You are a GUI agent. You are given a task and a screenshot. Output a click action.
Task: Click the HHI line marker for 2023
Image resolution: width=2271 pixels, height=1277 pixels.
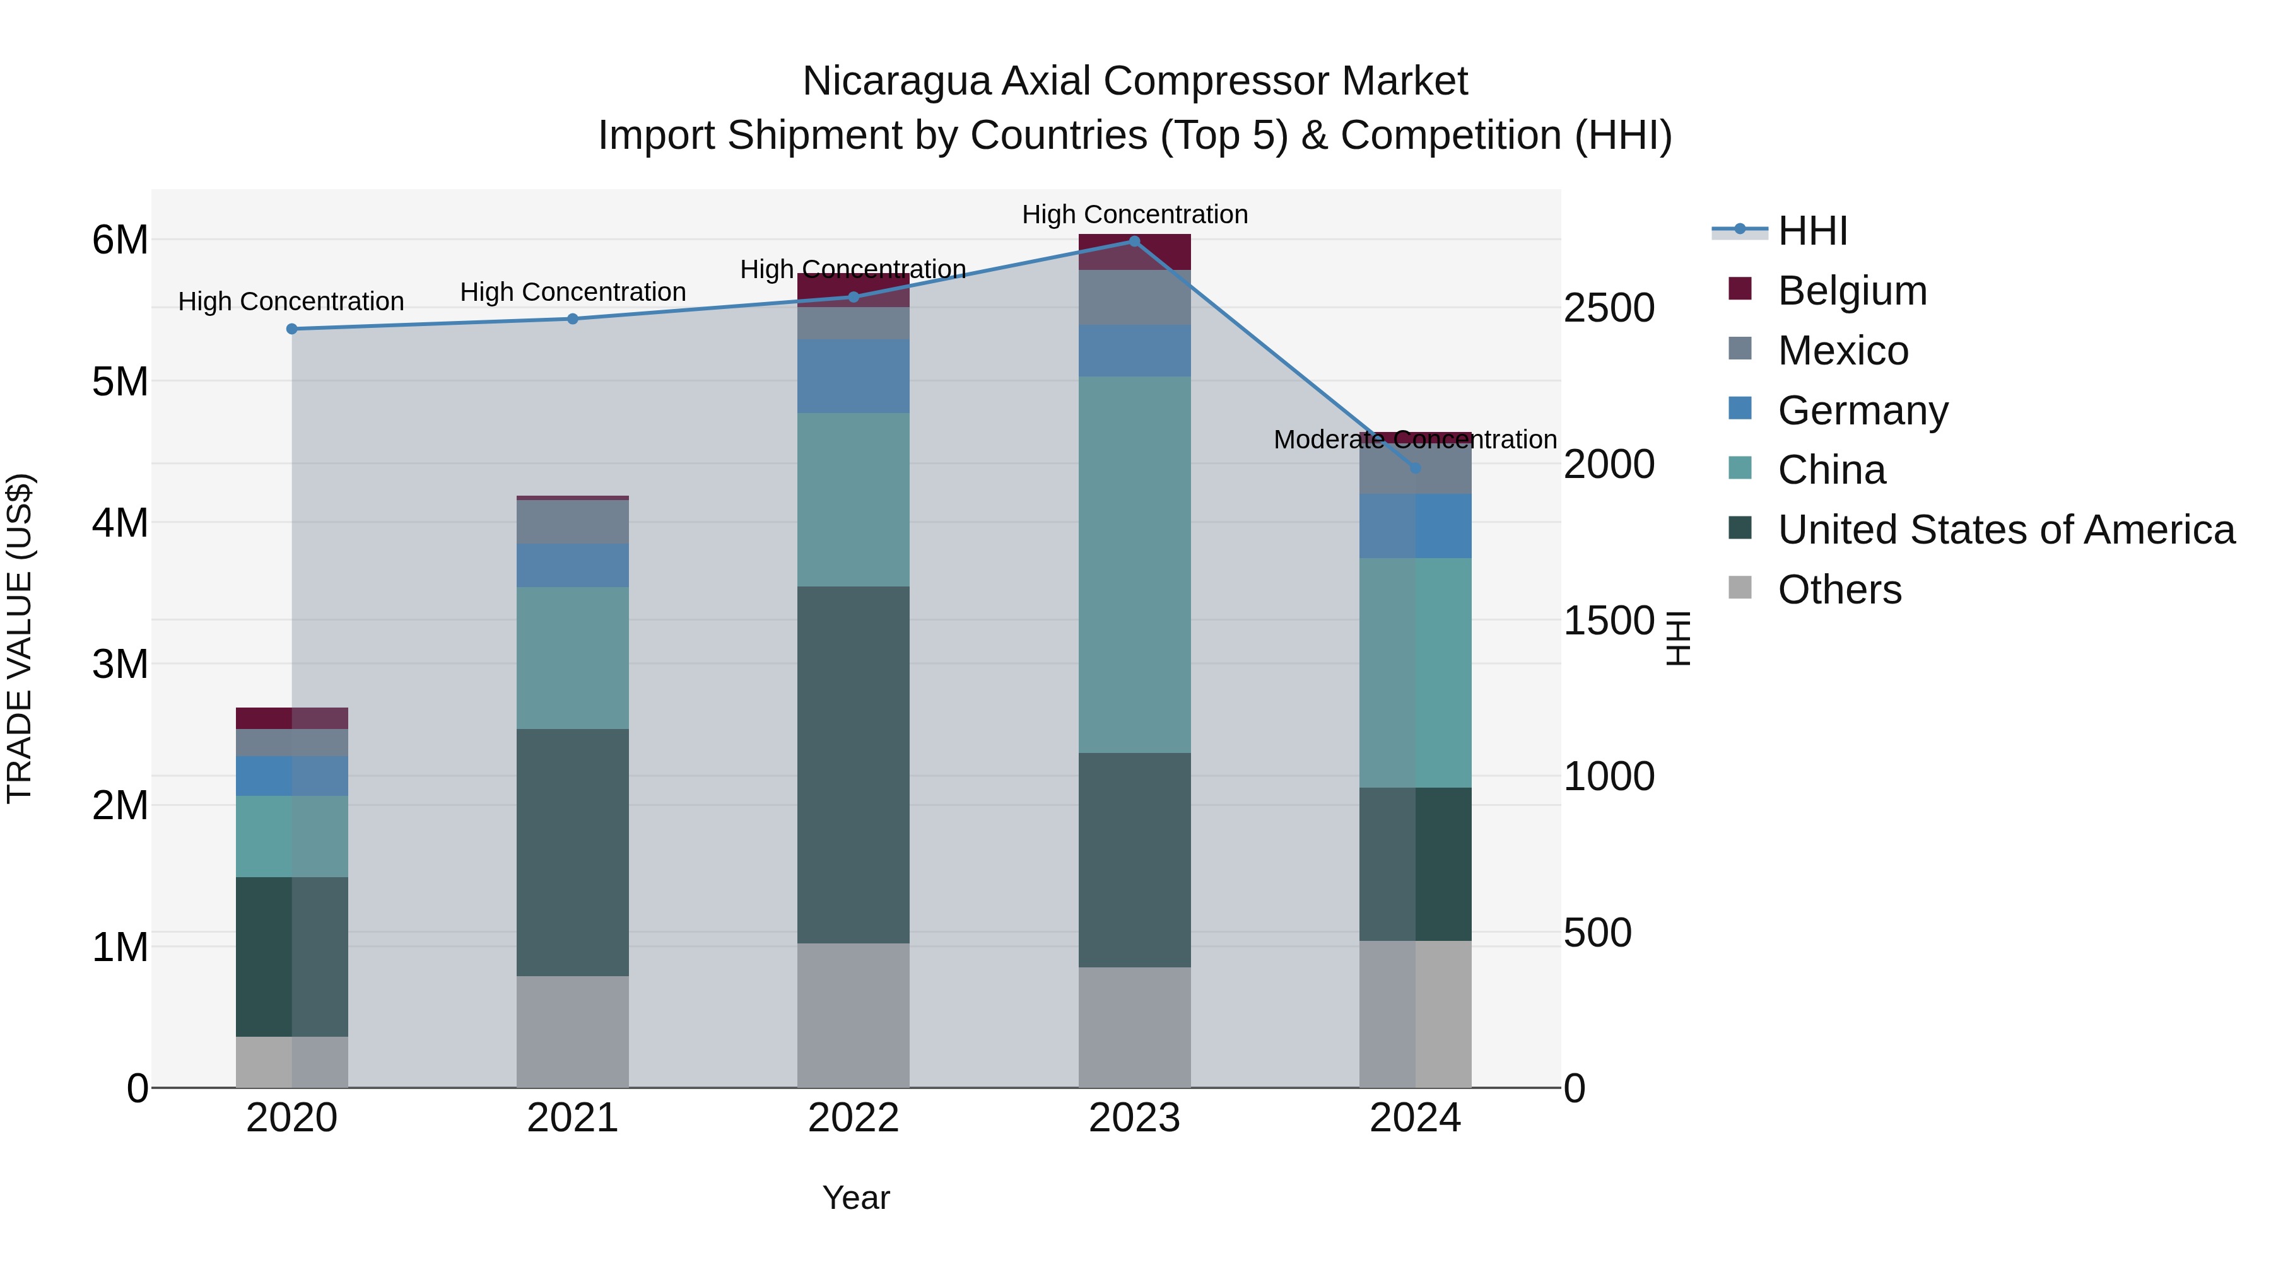point(1135,242)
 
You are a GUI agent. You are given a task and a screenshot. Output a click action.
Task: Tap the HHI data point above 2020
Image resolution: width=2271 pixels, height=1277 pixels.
point(292,329)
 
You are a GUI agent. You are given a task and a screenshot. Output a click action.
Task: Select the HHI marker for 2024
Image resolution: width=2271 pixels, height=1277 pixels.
point(1416,468)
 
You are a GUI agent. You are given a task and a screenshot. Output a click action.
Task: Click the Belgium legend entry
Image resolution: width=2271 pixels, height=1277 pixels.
point(1851,291)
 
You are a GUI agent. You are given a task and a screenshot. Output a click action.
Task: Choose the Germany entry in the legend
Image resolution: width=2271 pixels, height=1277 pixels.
point(1862,411)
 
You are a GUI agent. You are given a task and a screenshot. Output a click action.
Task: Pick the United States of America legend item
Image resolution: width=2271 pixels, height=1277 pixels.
point(2005,530)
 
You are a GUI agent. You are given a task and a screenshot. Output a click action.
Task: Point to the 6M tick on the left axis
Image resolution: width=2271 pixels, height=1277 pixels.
point(120,240)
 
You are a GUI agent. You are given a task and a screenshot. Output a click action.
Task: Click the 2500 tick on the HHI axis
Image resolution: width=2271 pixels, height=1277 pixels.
point(1609,308)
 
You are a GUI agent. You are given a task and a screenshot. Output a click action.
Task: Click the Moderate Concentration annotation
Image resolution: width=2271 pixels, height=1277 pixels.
point(1415,439)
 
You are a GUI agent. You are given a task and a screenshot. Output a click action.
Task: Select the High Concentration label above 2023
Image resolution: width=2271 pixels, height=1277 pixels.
point(1135,214)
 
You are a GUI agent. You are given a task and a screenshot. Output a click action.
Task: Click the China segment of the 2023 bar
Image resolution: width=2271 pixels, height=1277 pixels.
point(1135,564)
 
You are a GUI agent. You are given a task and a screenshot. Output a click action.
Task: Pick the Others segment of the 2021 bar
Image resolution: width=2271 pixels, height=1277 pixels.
point(572,1031)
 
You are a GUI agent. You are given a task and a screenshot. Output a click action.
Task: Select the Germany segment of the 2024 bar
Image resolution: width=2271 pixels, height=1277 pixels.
point(1415,525)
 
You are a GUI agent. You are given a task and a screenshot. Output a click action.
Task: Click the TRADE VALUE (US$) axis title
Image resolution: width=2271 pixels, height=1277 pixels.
point(20,638)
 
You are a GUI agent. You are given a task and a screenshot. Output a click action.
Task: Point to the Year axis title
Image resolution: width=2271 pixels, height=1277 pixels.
point(855,1198)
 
